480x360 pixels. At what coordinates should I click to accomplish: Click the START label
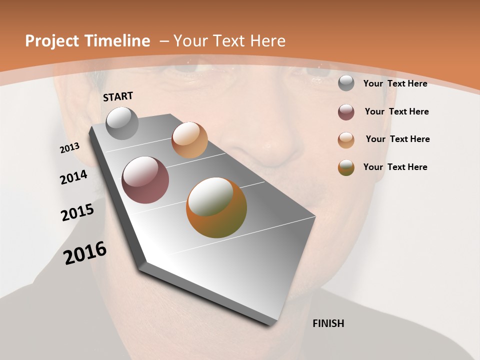(118, 96)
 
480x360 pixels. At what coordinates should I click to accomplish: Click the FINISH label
(328, 323)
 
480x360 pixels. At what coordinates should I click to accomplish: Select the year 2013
(70, 148)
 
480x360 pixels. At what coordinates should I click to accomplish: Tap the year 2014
(74, 177)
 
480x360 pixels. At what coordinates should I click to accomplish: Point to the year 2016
(85, 253)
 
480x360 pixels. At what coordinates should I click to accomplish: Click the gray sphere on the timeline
(122, 123)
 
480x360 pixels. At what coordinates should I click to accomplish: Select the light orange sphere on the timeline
(189, 140)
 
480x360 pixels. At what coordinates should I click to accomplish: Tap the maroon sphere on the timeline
(145, 180)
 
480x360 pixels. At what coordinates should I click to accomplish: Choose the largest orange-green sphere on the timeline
(216, 207)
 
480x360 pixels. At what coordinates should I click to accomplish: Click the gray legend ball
(346, 83)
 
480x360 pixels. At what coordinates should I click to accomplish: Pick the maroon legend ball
(346, 111)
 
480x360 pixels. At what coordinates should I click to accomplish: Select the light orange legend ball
(346, 139)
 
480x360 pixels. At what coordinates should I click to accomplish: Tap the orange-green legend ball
(346, 167)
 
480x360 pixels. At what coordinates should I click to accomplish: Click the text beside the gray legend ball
(395, 83)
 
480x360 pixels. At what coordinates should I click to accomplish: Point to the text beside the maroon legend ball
(396, 111)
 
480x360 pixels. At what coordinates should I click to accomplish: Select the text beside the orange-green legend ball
(395, 167)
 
